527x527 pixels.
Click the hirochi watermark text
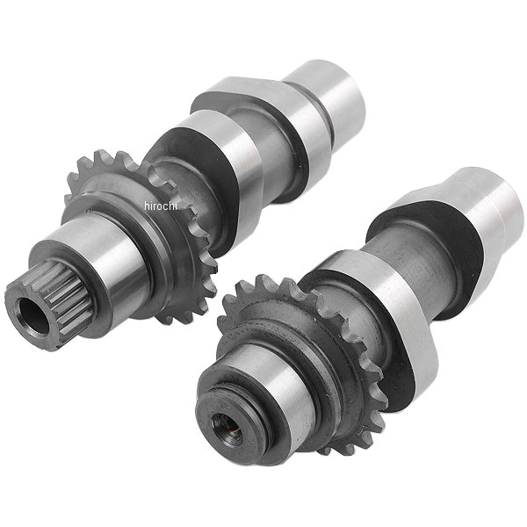(x=161, y=206)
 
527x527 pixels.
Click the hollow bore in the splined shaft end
(x=35, y=316)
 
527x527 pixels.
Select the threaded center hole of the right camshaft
(x=227, y=428)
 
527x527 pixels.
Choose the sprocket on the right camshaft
(x=302, y=363)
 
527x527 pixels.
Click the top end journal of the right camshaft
(x=487, y=208)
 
